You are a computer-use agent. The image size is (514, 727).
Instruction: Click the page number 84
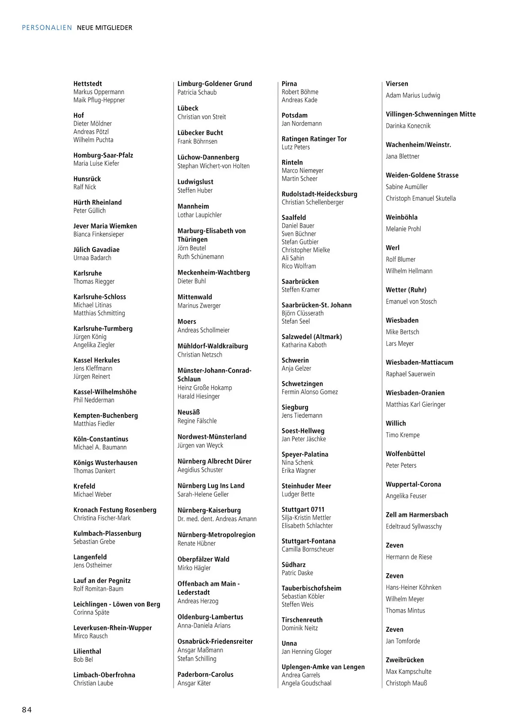click(27, 710)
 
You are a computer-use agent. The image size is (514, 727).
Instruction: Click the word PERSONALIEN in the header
click(47, 28)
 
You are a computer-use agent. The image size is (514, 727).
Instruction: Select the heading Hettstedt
click(87, 84)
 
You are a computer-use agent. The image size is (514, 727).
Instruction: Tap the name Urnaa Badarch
click(92, 258)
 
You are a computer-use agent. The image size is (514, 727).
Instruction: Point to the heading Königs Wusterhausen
click(105, 463)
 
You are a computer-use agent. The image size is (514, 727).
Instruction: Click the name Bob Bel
click(83, 659)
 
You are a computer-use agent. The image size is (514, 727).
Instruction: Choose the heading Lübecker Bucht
click(200, 133)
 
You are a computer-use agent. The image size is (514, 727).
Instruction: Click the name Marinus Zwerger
click(199, 306)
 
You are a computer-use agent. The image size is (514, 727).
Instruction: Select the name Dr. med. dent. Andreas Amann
click(217, 519)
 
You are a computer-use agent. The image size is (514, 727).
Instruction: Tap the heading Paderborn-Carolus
click(205, 674)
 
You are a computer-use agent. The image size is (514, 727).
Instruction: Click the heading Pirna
click(289, 84)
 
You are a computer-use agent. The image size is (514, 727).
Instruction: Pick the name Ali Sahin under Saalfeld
click(293, 258)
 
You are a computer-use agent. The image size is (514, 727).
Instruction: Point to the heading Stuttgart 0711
click(303, 509)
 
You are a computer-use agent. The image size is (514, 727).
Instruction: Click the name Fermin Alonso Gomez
click(310, 392)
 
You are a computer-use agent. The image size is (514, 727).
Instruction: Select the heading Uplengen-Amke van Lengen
click(323, 667)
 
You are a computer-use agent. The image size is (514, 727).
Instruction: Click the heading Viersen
click(397, 84)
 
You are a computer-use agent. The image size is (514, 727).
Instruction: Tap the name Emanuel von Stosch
click(411, 301)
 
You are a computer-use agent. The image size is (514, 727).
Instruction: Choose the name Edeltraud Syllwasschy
click(414, 526)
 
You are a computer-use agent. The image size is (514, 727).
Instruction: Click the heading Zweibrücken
click(405, 660)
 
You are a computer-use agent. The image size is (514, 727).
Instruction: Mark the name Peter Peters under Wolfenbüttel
click(401, 465)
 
